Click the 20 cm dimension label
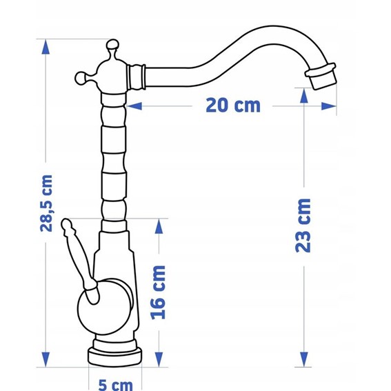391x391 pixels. pyautogui.click(x=233, y=106)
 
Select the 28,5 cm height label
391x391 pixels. pyautogui.click(x=46, y=203)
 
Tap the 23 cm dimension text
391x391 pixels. pyautogui.click(x=303, y=225)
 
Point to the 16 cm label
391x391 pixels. pyautogui.click(x=158, y=292)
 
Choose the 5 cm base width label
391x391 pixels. pyautogui.click(x=115, y=385)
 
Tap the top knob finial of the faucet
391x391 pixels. pyautogui.click(x=112, y=45)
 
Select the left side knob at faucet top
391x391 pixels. pyautogui.click(x=81, y=78)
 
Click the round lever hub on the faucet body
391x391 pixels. pyautogui.click(x=105, y=306)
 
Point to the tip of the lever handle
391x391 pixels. pyautogui.click(x=66, y=223)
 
